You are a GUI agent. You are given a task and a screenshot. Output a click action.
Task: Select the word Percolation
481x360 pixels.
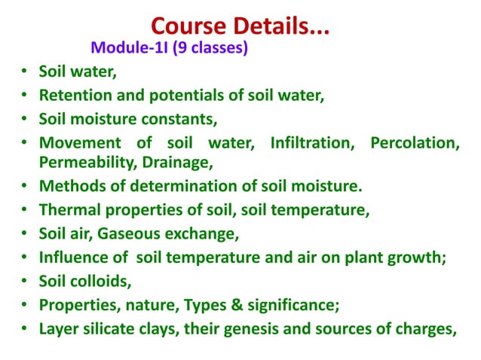(x=414, y=143)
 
